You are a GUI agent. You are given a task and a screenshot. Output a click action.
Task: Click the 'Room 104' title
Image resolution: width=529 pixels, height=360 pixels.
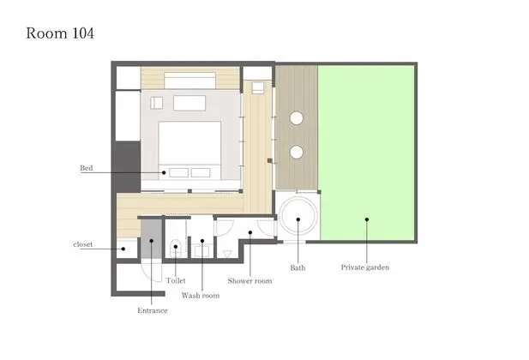pyautogui.click(x=60, y=33)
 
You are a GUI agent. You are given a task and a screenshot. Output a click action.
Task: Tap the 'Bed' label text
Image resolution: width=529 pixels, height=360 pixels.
pyautogui.click(x=87, y=168)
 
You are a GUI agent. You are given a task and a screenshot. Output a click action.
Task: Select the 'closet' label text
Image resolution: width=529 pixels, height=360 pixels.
pyautogui.click(x=82, y=244)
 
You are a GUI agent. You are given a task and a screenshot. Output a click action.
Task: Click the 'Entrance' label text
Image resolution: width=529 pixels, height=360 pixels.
pyautogui.click(x=152, y=310)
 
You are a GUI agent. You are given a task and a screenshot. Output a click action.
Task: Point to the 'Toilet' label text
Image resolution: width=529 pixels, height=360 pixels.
pyautogui.click(x=176, y=280)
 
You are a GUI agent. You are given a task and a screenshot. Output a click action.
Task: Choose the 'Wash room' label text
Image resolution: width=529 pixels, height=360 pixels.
pyautogui.click(x=201, y=296)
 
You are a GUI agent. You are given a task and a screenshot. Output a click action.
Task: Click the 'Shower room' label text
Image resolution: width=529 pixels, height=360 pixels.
pyautogui.click(x=249, y=280)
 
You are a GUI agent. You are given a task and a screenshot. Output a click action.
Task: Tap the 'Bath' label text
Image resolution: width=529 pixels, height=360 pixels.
pyautogui.click(x=298, y=267)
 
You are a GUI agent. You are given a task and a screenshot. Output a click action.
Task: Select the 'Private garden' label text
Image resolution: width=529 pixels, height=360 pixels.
pyautogui.click(x=365, y=267)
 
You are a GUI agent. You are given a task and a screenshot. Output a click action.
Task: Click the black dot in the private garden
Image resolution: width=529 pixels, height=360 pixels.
pyautogui.click(x=367, y=219)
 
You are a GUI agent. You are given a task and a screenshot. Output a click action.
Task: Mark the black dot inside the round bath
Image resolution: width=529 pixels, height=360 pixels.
pyautogui.click(x=298, y=219)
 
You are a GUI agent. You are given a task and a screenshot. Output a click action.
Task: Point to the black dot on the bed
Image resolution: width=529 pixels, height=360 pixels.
pyautogui.click(x=164, y=172)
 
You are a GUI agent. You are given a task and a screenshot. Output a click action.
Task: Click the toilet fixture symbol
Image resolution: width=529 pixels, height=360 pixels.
pyautogui.click(x=176, y=248)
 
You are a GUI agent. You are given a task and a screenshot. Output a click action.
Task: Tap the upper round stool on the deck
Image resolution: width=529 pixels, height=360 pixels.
pyautogui.click(x=297, y=118)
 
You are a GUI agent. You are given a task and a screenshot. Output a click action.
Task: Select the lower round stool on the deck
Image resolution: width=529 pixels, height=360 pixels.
pyautogui.click(x=297, y=153)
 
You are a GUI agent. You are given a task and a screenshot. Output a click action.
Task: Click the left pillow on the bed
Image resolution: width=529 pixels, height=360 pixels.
pyautogui.click(x=179, y=172)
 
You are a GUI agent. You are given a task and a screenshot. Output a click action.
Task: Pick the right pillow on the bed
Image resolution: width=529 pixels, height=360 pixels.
pyautogui.click(x=201, y=172)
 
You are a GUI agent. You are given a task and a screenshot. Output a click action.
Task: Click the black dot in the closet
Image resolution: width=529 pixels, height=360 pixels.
pyautogui.click(x=123, y=249)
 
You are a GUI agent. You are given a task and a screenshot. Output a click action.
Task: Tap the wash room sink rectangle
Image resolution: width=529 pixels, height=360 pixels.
pyautogui.click(x=202, y=251)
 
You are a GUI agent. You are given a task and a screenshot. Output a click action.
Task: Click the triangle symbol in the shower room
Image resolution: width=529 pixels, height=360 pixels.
pyautogui.click(x=227, y=254)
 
